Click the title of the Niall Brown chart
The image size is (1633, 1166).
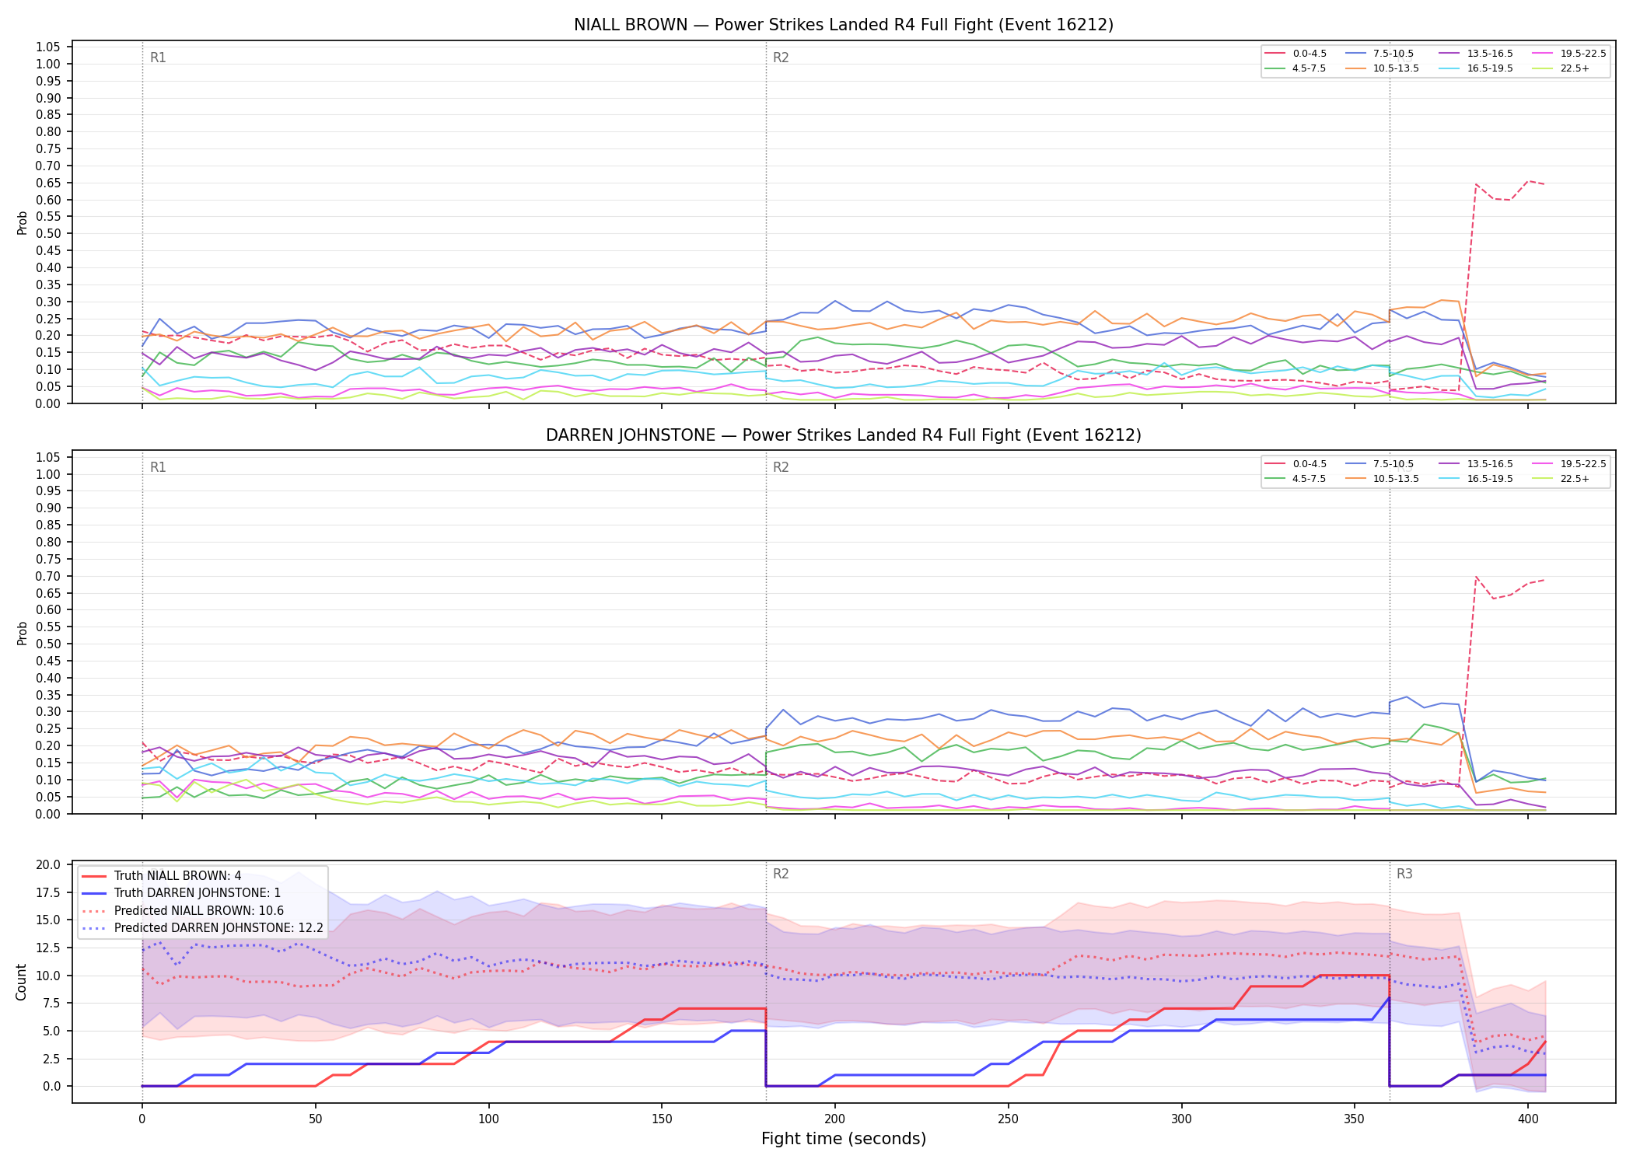click(x=844, y=25)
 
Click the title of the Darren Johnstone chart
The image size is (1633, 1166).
click(x=844, y=435)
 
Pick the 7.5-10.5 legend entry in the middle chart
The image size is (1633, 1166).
click(x=1380, y=464)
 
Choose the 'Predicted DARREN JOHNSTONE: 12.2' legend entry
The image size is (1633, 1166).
click(x=202, y=928)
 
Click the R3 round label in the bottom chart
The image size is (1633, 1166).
click(x=1404, y=874)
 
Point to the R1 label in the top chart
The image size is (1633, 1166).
click(x=158, y=58)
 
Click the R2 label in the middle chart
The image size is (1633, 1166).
click(x=781, y=467)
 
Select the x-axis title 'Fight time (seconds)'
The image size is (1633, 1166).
click(x=844, y=1139)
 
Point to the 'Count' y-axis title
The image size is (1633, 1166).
click(x=21, y=982)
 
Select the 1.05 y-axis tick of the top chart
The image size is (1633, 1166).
click(x=47, y=47)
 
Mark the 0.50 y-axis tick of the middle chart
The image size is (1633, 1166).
click(x=47, y=644)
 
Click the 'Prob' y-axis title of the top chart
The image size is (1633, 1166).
click(x=23, y=222)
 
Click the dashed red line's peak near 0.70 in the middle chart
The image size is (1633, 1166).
click(x=1476, y=577)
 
